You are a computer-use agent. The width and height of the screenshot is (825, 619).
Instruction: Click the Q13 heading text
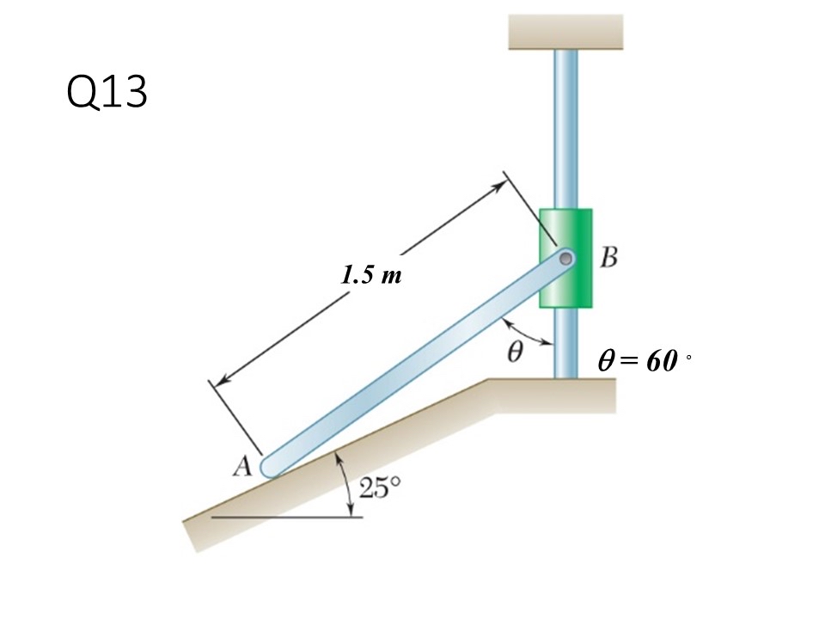coord(107,93)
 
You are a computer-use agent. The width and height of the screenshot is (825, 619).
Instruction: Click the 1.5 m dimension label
coord(371,276)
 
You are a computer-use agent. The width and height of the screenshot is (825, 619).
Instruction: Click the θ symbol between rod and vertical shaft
coord(515,351)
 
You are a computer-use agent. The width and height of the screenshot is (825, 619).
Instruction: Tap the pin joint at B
coord(565,257)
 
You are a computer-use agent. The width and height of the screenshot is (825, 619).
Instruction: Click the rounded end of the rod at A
coord(271,467)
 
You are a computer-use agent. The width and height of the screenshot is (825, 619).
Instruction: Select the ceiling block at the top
coord(565,32)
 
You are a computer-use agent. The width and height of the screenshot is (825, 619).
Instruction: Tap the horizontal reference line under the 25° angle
coord(284,518)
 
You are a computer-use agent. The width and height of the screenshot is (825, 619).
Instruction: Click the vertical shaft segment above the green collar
coord(565,129)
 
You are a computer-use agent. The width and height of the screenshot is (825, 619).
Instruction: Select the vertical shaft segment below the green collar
coord(565,344)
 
